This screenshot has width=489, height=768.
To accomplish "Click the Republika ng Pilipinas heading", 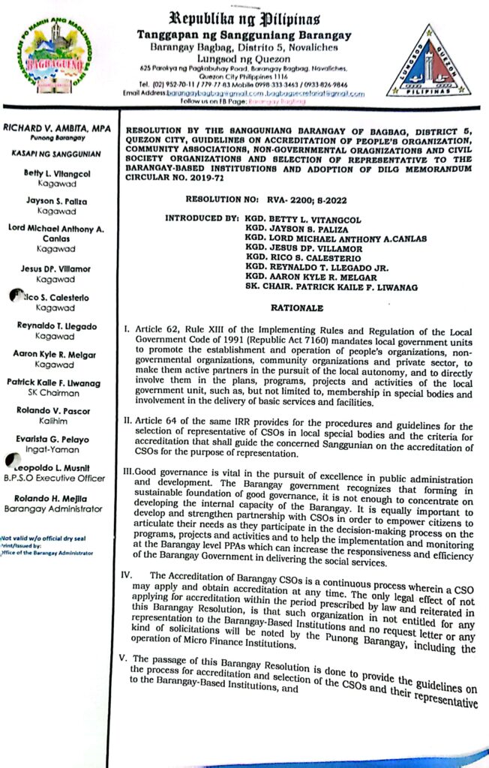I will coord(244,16).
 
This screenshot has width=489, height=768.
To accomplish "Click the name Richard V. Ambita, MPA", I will coord(56,129).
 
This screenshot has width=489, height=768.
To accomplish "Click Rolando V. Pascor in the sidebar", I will coord(56,411).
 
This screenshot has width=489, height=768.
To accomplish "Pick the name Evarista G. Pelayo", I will coord(56,439).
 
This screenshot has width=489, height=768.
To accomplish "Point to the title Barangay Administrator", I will coord(52,508).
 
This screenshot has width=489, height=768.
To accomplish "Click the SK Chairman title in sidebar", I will coord(56,392).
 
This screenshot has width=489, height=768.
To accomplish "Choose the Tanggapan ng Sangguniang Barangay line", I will coord(244,35).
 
